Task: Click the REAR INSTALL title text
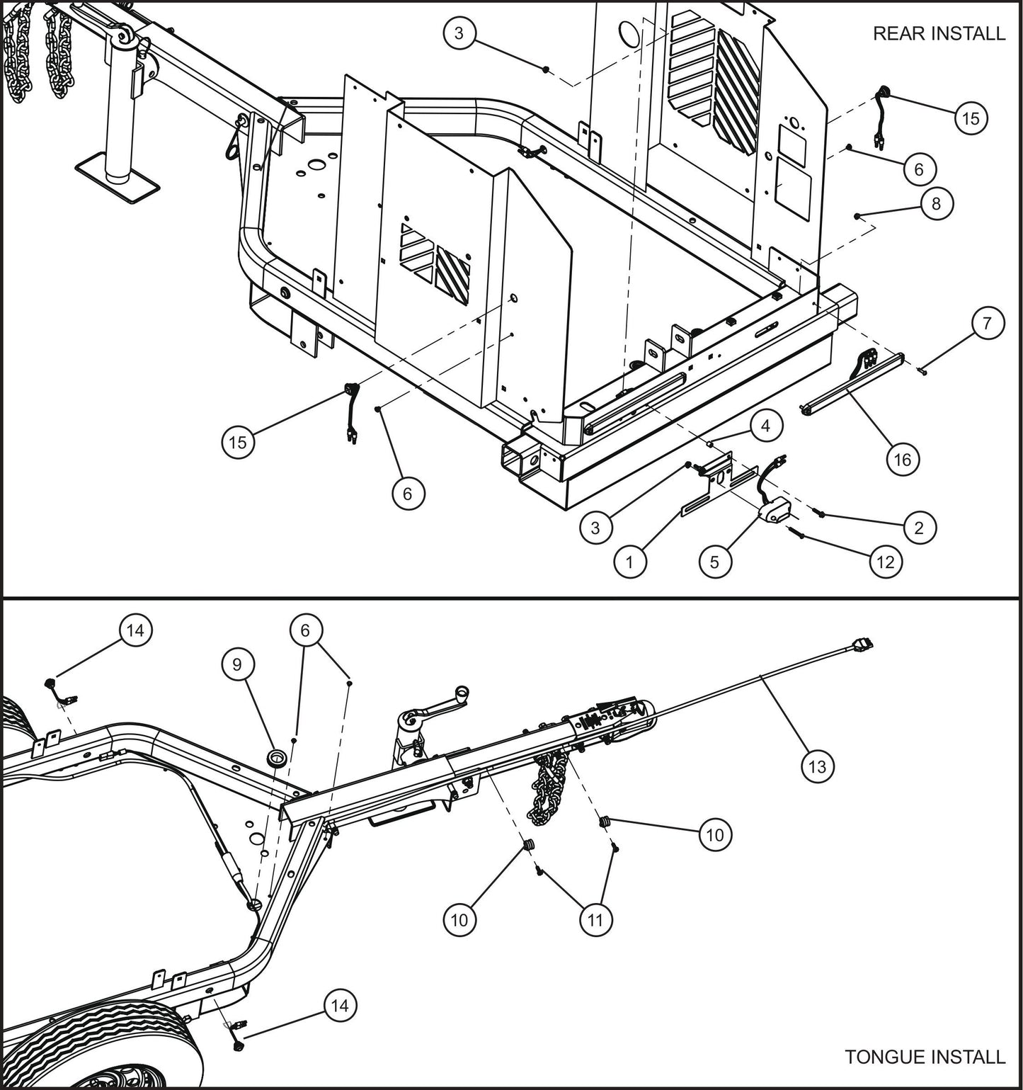point(938,33)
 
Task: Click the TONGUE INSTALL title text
point(925,1057)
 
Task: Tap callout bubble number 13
point(817,766)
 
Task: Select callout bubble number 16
point(902,460)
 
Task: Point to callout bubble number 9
point(236,664)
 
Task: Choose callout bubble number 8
point(936,204)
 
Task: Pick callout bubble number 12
point(885,562)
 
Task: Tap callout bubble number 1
point(629,562)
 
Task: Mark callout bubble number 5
point(714,562)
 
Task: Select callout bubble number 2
point(918,528)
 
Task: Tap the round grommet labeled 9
point(275,759)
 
